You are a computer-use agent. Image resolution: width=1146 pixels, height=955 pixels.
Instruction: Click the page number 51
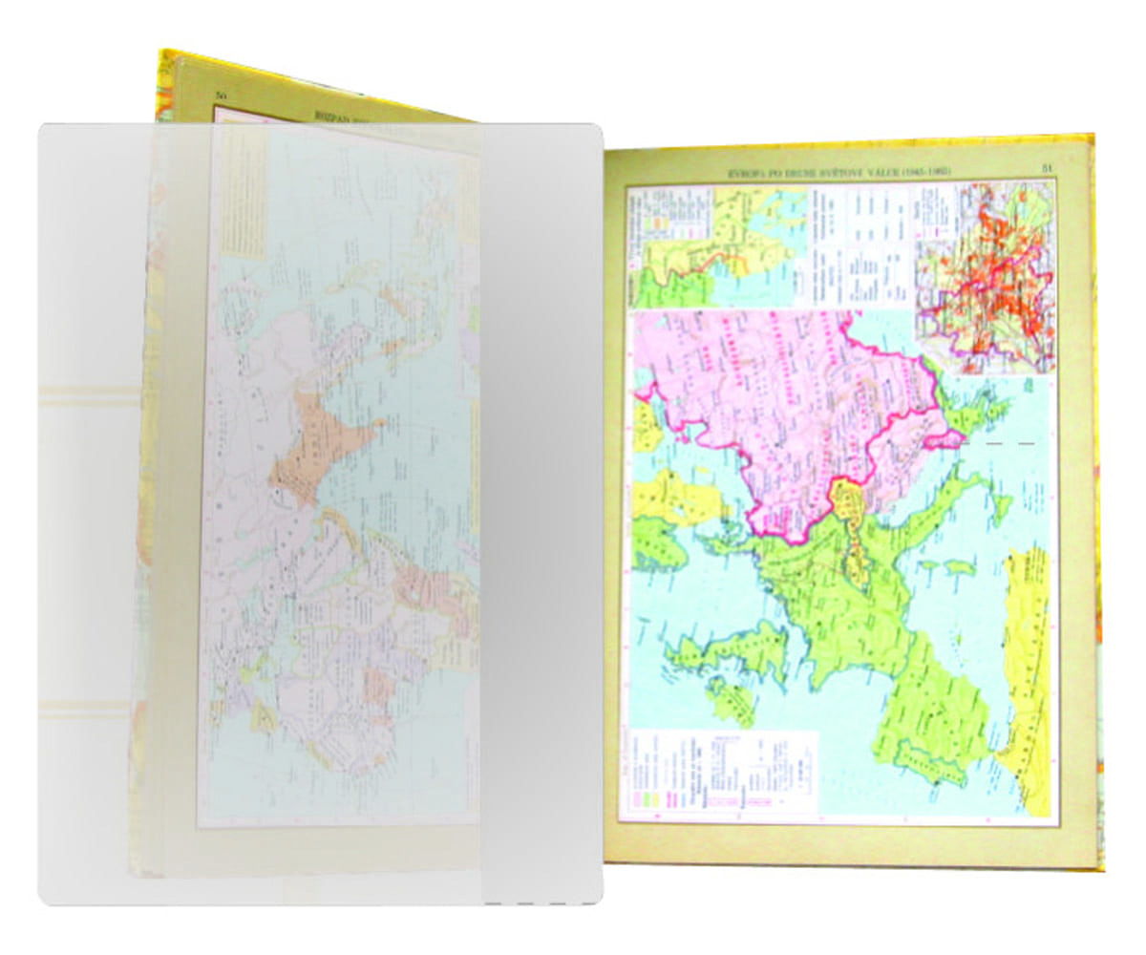coord(1046,169)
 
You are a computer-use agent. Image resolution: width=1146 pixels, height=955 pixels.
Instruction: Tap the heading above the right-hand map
coord(839,171)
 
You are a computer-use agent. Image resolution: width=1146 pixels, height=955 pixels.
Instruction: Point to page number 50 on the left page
coord(221,95)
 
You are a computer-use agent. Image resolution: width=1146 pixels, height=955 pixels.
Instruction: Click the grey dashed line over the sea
coord(999,444)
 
